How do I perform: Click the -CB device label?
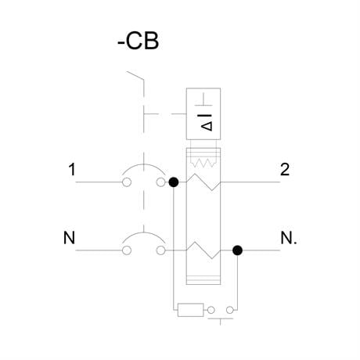click(138, 41)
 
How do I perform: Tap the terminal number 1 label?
click(72, 169)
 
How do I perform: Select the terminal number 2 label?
click(285, 169)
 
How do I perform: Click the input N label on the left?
click(69, 238)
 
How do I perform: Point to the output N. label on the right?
click(289, 238)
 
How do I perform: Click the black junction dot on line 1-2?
click(174, 182)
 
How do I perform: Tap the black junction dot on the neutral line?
click(237, 250)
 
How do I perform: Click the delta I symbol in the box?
click(207, 123)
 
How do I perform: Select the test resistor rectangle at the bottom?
click(190, 310)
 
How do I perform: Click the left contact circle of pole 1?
click(127, 182)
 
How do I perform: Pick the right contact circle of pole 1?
click(161, 182)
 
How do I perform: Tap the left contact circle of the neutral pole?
click(127, 250)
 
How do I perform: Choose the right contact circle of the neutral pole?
click(161, 250)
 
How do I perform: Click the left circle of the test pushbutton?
click(211, 310)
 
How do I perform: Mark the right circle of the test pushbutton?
click(230, 310)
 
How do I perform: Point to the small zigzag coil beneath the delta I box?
click(203, 163)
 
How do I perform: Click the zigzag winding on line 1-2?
click(203, 182)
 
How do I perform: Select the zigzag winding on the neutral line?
click(203, 250)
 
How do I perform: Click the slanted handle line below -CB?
click(135, 75)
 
